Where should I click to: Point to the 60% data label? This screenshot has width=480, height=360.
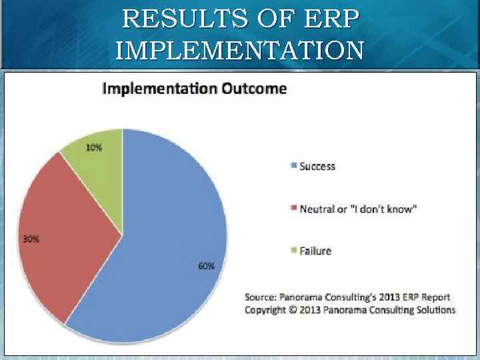tap(206, 266)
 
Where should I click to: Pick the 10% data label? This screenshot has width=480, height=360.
tap(94, 148)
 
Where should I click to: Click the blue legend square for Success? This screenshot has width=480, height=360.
tap(294, 167)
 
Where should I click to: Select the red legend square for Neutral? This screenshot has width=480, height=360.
tap(294, 209)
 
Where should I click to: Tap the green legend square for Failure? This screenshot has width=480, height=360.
tap(294, 251)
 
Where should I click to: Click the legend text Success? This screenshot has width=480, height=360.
tap(317, 167)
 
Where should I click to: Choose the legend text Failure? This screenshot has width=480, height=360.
tap(315, 251)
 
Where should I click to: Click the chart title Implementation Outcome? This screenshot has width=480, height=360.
tap(194, 89)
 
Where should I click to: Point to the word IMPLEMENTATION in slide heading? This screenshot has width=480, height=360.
tap(239, 50)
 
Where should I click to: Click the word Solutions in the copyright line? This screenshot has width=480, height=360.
tap(435, 310)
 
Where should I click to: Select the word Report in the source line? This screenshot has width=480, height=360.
tap(435, 297)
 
